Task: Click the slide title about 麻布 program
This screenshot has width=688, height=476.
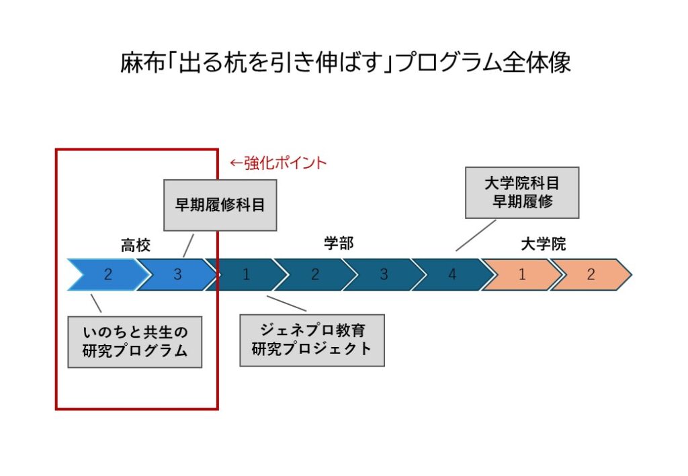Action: coord(345,62)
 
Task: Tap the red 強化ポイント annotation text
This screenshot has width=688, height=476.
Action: coord(285,163)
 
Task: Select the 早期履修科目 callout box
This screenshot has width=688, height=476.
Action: coord(220,205)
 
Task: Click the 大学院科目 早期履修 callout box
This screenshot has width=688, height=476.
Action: coord(522,193)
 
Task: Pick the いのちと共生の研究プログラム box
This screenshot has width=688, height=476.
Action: coord(134,342)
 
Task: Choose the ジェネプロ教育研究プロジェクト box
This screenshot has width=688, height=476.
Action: coord(312,340)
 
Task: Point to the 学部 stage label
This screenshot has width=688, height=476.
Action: coord(339,243)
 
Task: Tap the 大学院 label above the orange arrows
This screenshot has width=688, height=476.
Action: coord(543,244)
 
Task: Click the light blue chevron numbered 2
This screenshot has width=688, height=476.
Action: coord(108,275)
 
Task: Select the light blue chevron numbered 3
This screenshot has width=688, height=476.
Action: coord(177,275)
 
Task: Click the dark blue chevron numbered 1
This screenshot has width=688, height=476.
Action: coord(246,275)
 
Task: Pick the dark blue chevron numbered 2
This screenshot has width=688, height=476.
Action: coord(315,275)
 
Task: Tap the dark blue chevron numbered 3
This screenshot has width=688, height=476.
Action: coord(384,275)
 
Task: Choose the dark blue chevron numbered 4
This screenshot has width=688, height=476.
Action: coord(452,275)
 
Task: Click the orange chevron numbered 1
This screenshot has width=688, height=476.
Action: coord(522,275)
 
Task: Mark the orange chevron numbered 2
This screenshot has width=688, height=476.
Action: coord(591,275)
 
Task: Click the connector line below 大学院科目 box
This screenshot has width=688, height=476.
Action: coord(476,236)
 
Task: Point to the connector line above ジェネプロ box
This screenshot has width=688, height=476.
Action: coord(286,303)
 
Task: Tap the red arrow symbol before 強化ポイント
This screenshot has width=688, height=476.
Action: coord(236,163)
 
